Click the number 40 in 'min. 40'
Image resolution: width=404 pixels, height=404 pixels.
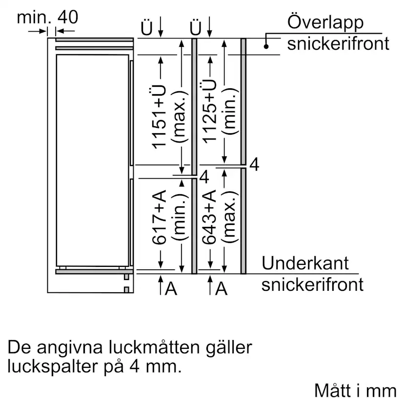coord(68,17)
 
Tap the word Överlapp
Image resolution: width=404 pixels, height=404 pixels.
coord(325,22)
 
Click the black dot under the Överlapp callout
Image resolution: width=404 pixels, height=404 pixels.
coord(266,46)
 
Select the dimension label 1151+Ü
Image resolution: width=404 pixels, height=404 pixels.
coord(159,117)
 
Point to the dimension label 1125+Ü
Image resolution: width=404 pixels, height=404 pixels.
coord(209,111)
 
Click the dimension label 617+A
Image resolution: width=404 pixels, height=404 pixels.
coord(159,217)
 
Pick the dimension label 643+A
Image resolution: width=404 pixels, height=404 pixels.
coord(209,217)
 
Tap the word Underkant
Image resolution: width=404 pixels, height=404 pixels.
coord(305,263)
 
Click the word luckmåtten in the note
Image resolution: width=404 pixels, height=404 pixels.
coord(154,347)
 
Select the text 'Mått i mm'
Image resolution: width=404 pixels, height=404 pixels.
coord(355,391)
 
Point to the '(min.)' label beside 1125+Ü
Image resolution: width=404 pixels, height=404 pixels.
coord(230,111)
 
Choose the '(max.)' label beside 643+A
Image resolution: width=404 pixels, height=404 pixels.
coord(230,217)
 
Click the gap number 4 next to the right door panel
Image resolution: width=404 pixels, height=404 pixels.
coord(254,164)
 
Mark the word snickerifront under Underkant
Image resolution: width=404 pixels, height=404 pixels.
coord(312,284)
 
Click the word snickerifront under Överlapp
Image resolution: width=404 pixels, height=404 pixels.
coord(338,43)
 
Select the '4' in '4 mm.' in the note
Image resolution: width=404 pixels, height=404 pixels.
coord(135,366)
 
